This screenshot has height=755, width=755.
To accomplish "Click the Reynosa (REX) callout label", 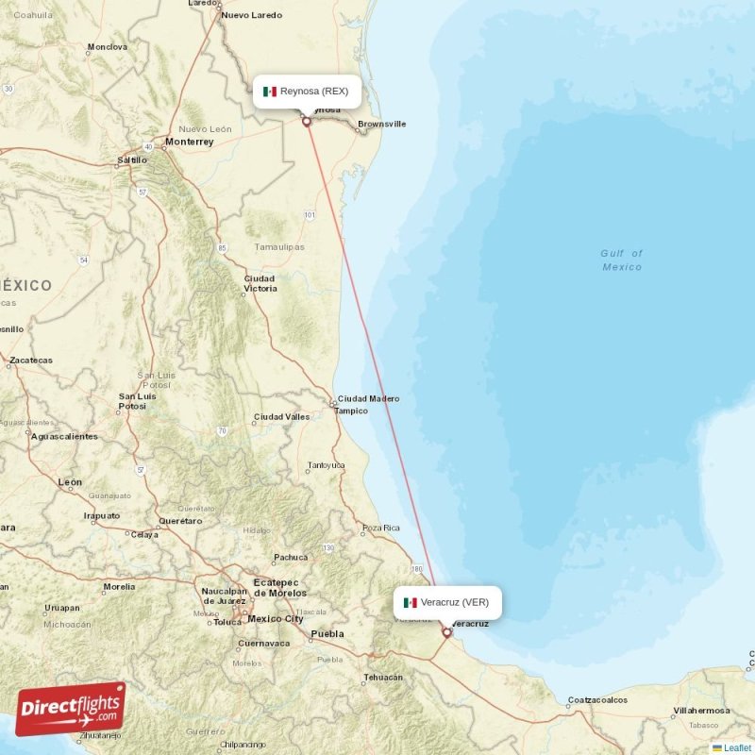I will pos(308,92).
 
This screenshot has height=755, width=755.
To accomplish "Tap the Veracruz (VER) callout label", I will pos(447,602).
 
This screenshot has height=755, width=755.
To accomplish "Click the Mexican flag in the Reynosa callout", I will pos(270,92).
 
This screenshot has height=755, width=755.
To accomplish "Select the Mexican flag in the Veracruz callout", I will pos(411,602).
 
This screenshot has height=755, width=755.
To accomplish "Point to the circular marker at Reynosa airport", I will pos(306,122).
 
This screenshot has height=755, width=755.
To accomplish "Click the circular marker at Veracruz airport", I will pos(446,633).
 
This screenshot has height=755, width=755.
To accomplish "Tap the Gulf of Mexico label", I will pos(622,260).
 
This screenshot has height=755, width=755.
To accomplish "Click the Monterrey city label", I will pos(189,142).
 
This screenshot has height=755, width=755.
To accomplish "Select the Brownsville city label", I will pos(382,124).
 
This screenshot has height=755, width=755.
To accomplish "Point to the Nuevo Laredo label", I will pos(252,16).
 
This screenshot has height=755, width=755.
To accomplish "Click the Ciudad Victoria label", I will pos(260,283).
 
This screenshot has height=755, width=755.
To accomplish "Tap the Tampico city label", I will pos(351,411).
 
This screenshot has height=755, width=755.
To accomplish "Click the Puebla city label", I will pos(327,634).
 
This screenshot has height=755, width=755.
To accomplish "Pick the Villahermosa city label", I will pos(702,710).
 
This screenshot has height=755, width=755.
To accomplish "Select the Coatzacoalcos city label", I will pos(597,700).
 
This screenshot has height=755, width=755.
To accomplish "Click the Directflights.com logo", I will pos(70,709).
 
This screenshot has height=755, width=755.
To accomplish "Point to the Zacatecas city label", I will pos(31,360).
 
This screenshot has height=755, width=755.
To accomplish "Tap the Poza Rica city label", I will pos(381,528).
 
